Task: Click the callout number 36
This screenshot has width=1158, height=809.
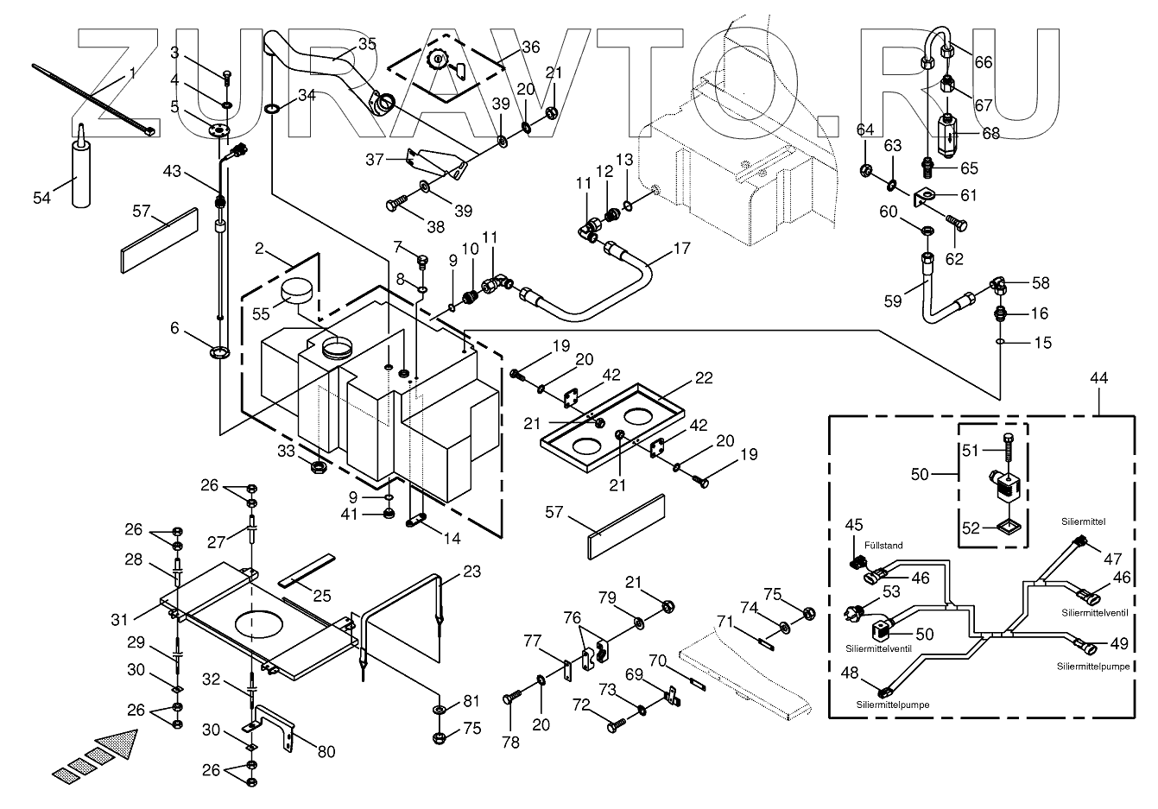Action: pyautogui.click(x=529, y=47)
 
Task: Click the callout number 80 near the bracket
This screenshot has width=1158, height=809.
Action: pyautogui.click(x=325, y=751)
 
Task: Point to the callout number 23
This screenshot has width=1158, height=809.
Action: pyautogui.click(x=471, y=571)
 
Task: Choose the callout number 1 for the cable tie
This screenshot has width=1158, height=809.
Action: pyautogui.click(x=132, y=74)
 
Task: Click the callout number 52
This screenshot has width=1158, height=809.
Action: pyautogui.click(x=970, y=528)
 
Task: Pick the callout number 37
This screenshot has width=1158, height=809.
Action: pyautogui.click(x=374, y=159)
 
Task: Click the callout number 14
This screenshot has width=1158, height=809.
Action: pyautogui.click(x=451, y=539)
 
